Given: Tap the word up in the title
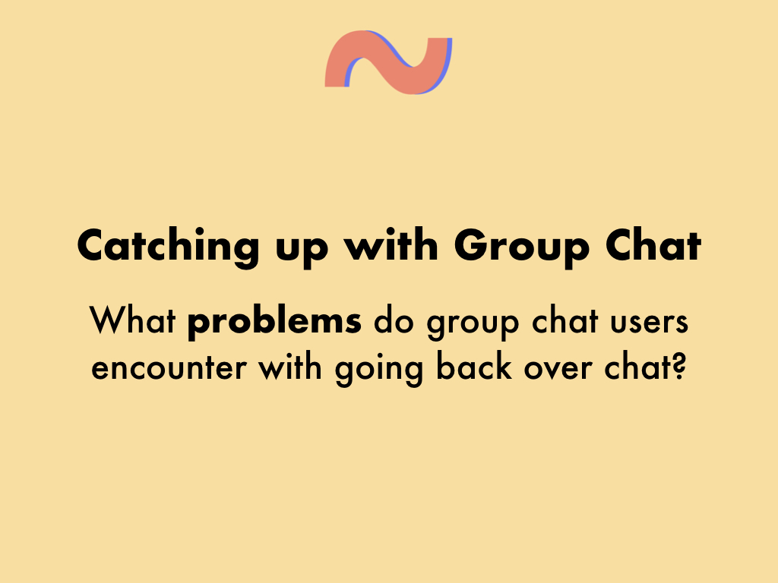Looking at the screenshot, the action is (x=302, y=251).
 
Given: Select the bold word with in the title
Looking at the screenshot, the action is (x=391, y=244).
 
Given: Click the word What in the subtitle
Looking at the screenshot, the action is (x=132, y=320).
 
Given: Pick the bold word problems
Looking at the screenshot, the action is (x=274, y=322).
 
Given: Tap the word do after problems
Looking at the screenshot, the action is (x=394, y=320).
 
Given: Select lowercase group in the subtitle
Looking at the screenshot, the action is (x=473, y=324).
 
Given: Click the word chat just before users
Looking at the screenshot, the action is (x=565, y=320).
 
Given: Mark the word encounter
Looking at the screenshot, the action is (x=169, y=369).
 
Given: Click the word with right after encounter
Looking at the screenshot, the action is (x=290, y=366).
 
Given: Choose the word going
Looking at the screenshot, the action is (x=380, y=370).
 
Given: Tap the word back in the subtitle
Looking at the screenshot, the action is (x=474, y=366).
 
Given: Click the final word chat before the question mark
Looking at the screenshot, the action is (x=637, y=366).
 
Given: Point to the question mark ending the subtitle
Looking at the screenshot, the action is (x=678, y=366).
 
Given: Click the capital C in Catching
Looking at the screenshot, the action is (x=93, y=245).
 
